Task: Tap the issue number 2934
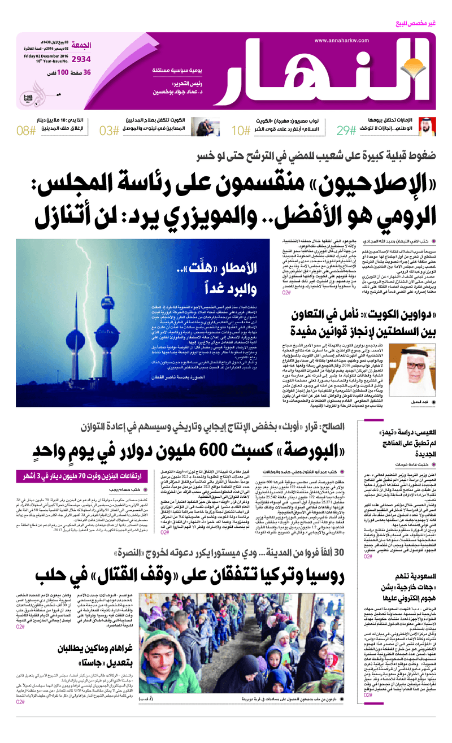(81, 58)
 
